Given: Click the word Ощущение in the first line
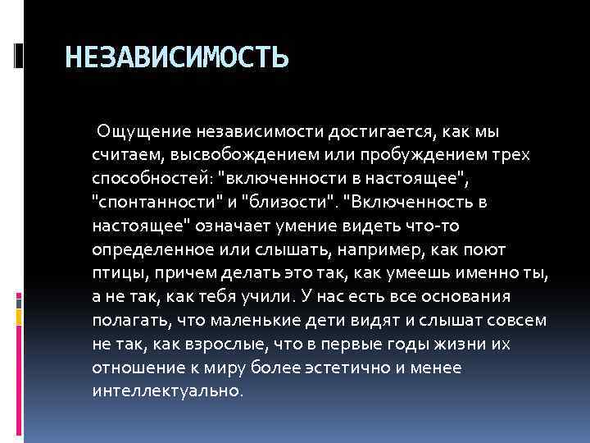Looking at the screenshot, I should (x=140, y=131).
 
